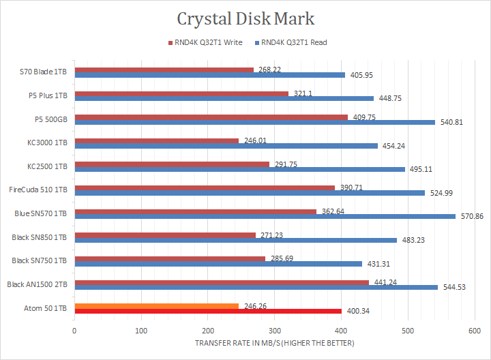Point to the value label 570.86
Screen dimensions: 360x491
[x=472, y=217]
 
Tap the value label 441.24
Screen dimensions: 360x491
[x=384, y=282]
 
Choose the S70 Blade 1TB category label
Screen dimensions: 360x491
[x=44, y=71]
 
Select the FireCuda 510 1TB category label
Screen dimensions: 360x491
[x=38, y=189]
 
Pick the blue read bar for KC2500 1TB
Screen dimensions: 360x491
[x=239, y=169]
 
